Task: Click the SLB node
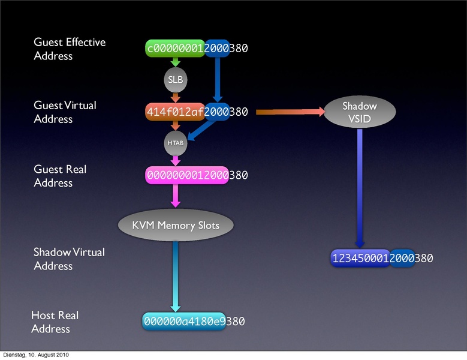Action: click(x=175, y=79)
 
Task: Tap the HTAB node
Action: click(x=175, y=143)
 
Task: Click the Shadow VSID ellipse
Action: click(x=359, y=112)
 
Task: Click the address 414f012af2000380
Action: click(x=197, y=112)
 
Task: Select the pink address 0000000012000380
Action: click(x=197, y=175)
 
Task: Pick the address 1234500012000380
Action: click(x=382, y=258)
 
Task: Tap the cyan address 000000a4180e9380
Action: click(x=194, y=322)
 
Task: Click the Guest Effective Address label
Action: click(x=69, y=49)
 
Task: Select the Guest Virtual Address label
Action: click(x=64, y=112)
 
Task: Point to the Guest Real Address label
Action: click(x=59, y=176)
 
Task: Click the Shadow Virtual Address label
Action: click(x=68, y=259)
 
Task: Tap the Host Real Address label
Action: click(x=55, y=322)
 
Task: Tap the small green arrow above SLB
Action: click(x=175, y=62)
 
